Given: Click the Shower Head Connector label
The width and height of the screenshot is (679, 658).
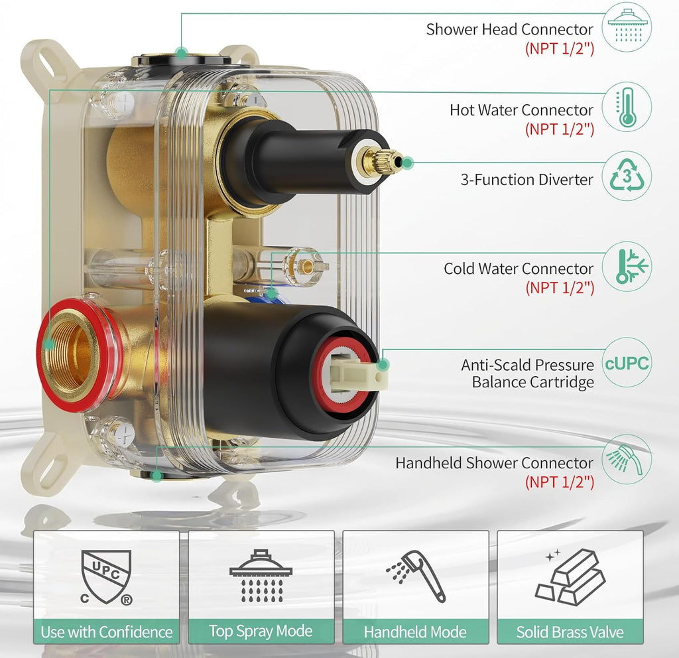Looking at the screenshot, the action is (x=509, y=29).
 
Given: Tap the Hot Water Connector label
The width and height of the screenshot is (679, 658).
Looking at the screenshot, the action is (x=521, y=110).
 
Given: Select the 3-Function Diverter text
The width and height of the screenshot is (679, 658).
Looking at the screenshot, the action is (x=526, y=179).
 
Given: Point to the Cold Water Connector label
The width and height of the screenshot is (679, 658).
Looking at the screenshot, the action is (x=519, y=269).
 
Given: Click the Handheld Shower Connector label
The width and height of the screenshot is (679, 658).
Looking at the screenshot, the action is (x=494, y=462).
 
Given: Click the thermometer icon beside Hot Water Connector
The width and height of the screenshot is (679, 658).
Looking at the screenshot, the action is (x=626, y=107).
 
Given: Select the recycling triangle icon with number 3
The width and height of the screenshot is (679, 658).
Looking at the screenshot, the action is (x=626, y=176).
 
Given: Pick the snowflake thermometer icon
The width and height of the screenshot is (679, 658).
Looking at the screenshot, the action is (x=631, y=266).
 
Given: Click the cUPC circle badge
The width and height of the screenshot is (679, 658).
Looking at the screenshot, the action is (x=626, y=363).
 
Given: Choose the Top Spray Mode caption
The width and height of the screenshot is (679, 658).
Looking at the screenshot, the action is (x=261, y=631).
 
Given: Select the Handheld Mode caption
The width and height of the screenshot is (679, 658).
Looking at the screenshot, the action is (x=415, y=632).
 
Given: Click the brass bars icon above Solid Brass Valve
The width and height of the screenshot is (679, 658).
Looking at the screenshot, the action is (x=570, y=577).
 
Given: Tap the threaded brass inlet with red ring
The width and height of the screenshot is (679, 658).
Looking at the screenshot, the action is (x=77, y=354).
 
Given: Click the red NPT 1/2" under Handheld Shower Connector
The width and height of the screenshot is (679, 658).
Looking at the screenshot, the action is (x=560, y=482).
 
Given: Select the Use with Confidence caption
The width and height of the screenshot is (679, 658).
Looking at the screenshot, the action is (x=107, y=632).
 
